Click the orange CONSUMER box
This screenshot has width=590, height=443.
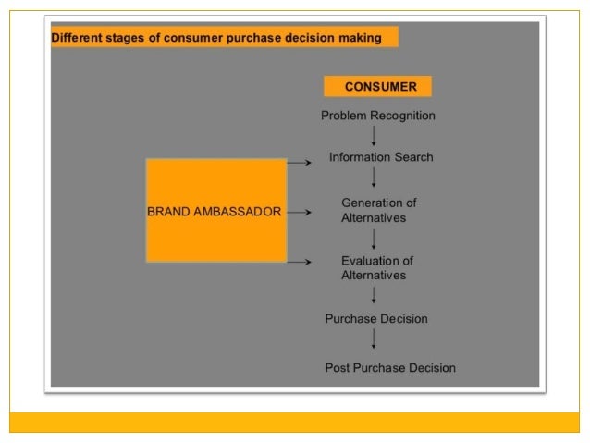tap(377, 87)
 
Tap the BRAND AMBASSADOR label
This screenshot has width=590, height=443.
tap(214, 211)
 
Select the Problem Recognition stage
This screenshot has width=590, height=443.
tap(377, 116)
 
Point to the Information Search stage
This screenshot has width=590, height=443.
tap(380, 157)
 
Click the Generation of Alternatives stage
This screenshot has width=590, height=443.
tap(378, 210)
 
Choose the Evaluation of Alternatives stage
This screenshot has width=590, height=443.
tap(376, 267)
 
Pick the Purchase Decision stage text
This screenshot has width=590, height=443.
tap(375, 318)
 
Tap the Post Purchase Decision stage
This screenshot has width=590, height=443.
tap(389, 367)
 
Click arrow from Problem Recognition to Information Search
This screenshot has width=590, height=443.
tap(374, 136)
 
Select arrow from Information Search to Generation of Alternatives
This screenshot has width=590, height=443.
tap(374, 179)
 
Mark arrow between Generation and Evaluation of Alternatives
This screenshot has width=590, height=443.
tap(374, 240)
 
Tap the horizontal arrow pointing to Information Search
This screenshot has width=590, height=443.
tap(298, 161)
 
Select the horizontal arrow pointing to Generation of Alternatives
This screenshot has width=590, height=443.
tap(298, 211)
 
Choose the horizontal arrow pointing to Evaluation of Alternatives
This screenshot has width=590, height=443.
tap(298, 262)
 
